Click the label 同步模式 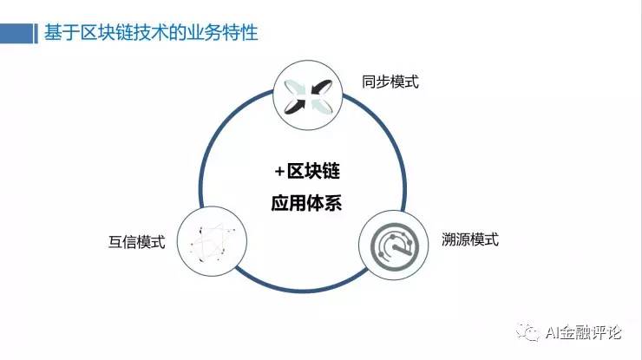390,82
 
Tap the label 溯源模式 469,239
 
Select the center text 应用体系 303,204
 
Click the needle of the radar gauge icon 395,245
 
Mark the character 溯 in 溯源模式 447,239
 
